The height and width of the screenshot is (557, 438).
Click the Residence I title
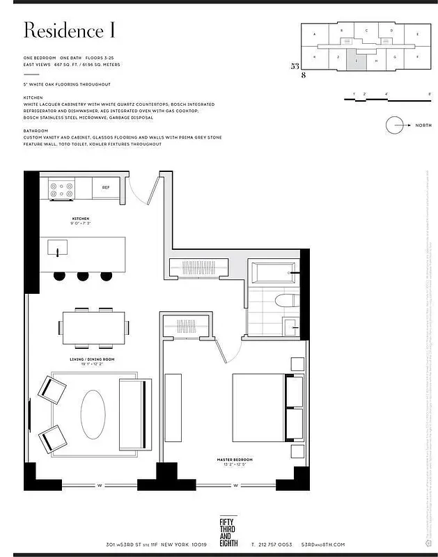coord(69,31)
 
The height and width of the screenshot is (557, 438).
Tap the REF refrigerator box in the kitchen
coord(106,187)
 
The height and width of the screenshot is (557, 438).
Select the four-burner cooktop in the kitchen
coord(61,189)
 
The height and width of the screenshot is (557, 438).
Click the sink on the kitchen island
coord(57,247)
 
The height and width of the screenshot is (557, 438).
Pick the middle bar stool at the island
coord(83,275)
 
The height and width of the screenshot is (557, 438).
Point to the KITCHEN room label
coord(81,219)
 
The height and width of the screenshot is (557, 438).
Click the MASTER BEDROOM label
coord(233,460)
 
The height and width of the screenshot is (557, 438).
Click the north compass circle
coord(396,126)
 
